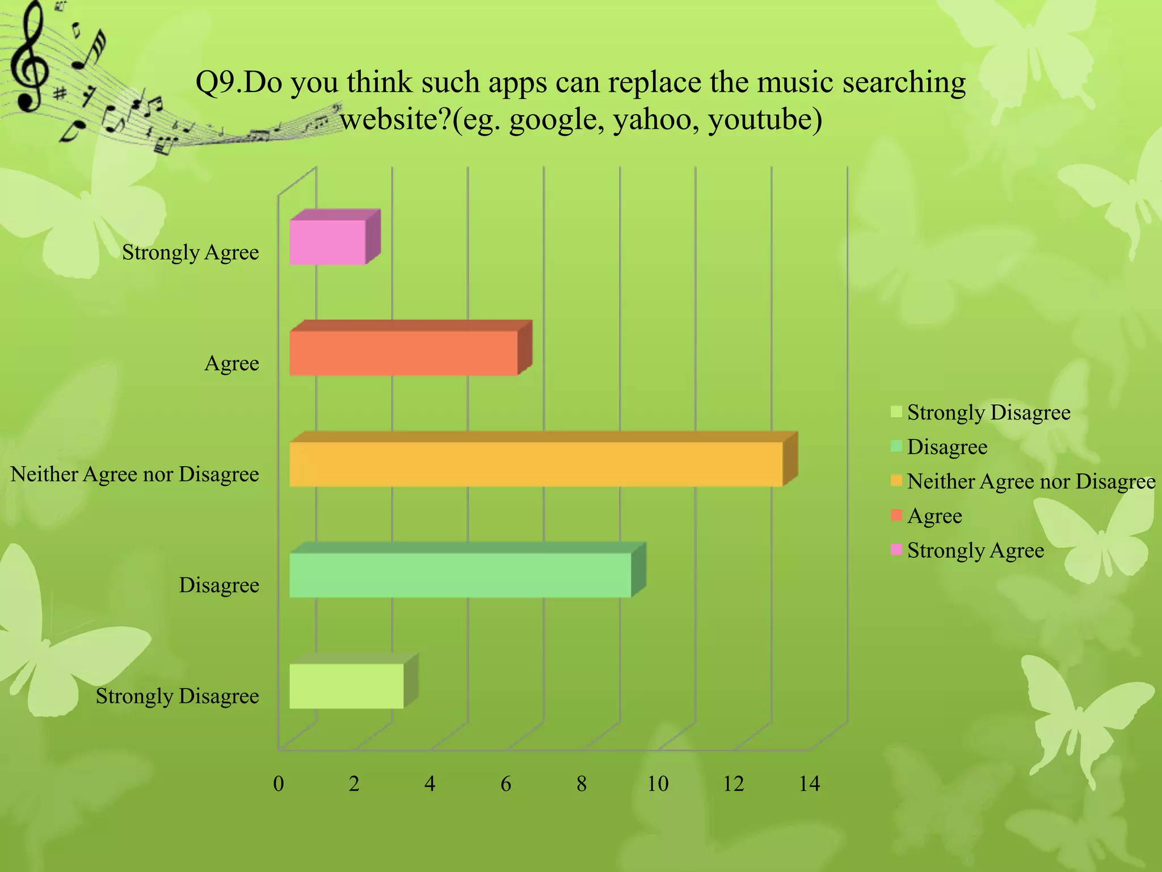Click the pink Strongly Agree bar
(327, 242)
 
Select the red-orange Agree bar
(403, 353)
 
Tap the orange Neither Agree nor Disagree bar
(536, 464)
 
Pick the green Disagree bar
(460, 575)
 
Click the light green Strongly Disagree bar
(346, 686)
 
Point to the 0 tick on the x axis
(278, 784)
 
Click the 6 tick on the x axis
(506, 784)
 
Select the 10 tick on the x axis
(658, 784)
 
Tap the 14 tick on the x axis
(809, 784)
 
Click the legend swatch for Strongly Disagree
(896, 411)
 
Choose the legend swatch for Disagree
(896, 446)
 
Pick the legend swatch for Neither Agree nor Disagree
(896, 480)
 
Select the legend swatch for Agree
(896, 515)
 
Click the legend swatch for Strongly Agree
(896, 550)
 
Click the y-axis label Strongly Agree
(191, 253)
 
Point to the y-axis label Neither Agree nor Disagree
(134, 474)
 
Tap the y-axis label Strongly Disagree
(177, 696)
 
